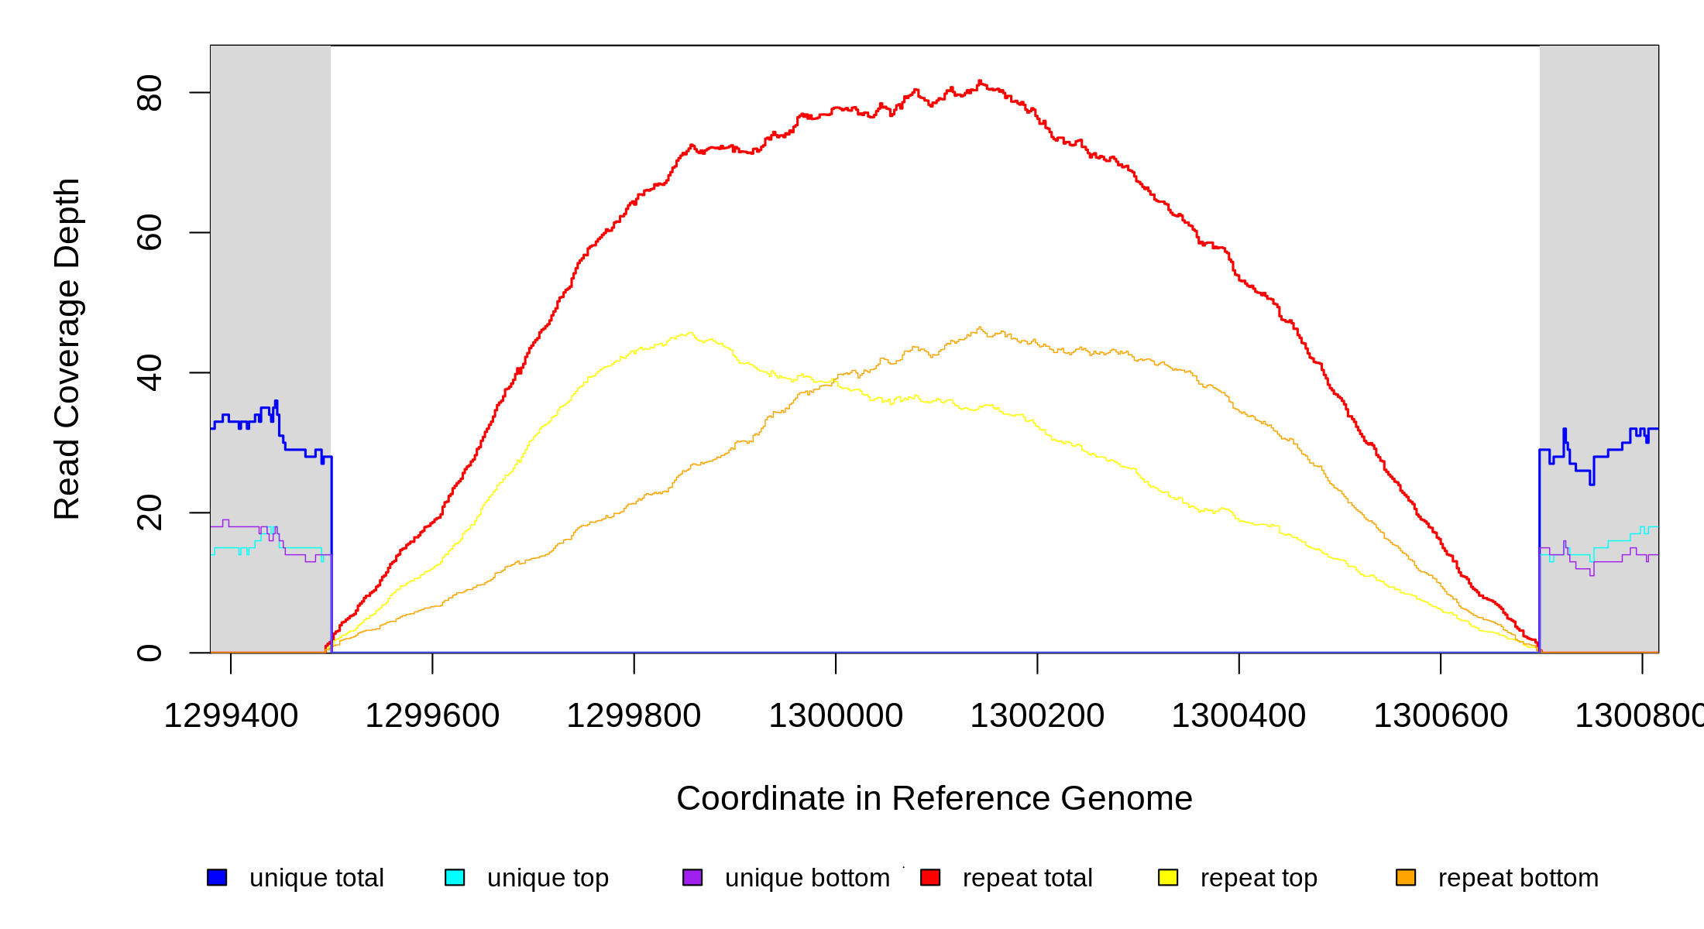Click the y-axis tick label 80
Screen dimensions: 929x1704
coord(149,93)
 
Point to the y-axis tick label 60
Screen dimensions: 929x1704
coord(149,232)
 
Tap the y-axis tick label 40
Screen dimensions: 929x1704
coord(149,372)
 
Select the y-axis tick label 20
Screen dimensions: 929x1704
coord(149,512)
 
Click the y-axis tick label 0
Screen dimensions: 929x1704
coord(149,653)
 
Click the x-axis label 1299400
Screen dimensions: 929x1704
coord(231,715)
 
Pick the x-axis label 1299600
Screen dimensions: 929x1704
coord(432,715)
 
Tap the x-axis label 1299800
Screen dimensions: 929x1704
coord(634,715)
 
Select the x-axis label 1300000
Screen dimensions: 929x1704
coord(836,715)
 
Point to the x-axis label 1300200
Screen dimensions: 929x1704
coord(1037,715)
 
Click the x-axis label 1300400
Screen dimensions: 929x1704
coord(1238,715)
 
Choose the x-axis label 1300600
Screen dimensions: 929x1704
coord(1441,715)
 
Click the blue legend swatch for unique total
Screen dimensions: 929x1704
coord(217,877)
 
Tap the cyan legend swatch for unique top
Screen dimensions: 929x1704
coord(455,877)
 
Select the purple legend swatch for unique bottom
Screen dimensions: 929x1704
coord(692,877)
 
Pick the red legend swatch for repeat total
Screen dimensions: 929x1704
coord(930,877)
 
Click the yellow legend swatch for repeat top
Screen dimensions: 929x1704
coord(1168,877)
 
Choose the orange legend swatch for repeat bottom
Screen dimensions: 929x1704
coord(1406,877)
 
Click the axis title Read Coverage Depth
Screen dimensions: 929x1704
coord(67,348)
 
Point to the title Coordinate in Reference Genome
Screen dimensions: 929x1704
coord(934,798)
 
